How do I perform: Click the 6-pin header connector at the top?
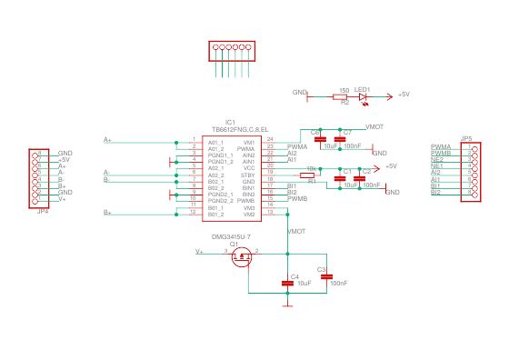[230, 50]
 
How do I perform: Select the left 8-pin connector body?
[37, 177]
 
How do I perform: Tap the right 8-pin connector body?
[473, 173]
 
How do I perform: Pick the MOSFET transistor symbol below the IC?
[242, 258]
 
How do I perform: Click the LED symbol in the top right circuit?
[364, 95]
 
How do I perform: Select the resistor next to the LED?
[340, 95]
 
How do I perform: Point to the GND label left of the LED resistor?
[299, 93]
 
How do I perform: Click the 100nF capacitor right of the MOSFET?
[326, 276]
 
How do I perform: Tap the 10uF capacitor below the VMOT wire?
[289, 284]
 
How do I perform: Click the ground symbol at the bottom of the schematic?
[289, 305]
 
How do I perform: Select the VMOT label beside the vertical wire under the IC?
[297, 232]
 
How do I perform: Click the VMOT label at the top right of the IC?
[374, 127]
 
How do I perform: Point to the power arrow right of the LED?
[390, 95]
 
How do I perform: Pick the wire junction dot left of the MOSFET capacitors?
[289, 254]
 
